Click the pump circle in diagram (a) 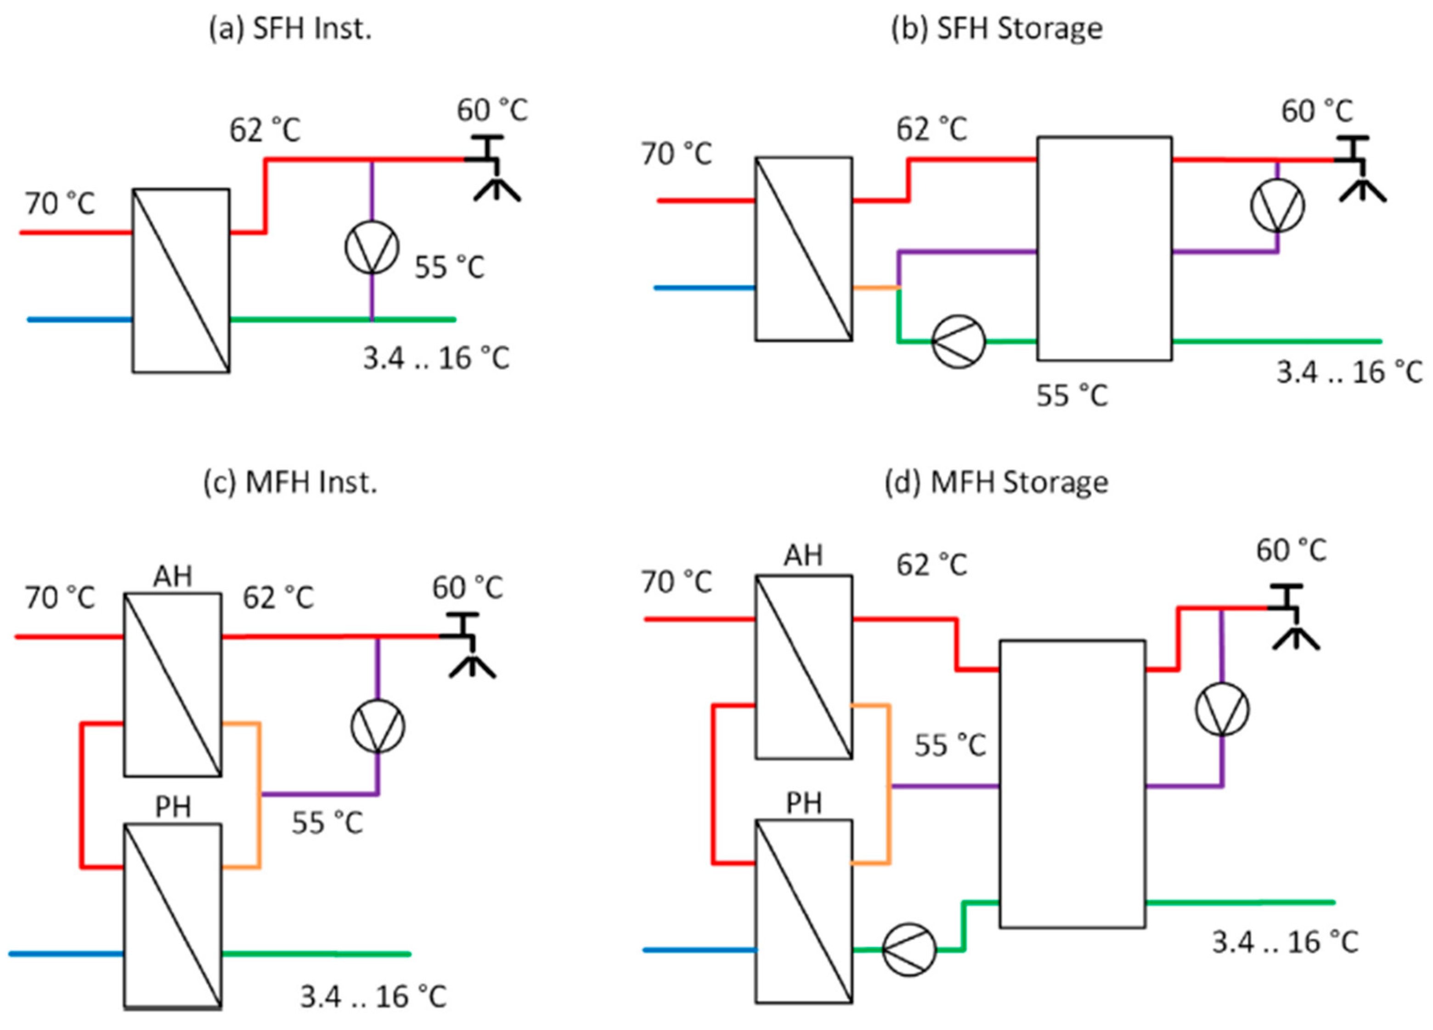click(372, 248)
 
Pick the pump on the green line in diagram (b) click(959, 341)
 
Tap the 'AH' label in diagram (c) click(173, 577)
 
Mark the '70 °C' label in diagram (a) click(60, 204)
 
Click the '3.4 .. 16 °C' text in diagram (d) click(1285, 943)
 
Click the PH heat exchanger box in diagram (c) click(173, 916)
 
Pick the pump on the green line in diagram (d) click(908, 950)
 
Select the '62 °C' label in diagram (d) click(931, 565)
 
